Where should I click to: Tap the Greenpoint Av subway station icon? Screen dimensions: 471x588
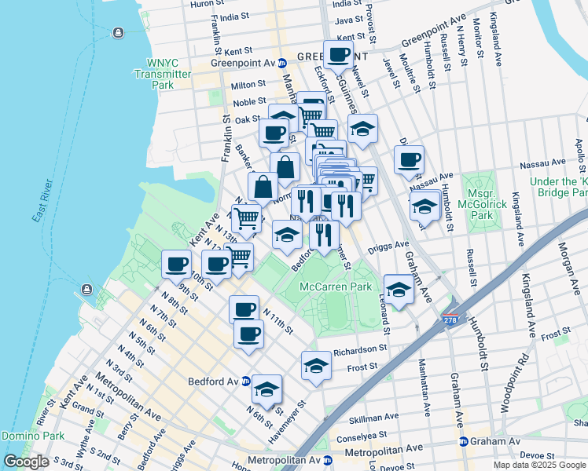282,63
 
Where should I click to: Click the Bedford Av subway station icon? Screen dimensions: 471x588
246,382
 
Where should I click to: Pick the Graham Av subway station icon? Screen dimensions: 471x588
463,441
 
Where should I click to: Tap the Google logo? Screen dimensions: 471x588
26,461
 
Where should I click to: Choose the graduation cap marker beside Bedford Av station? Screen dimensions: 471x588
266,389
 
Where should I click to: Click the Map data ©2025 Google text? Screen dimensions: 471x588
539,465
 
